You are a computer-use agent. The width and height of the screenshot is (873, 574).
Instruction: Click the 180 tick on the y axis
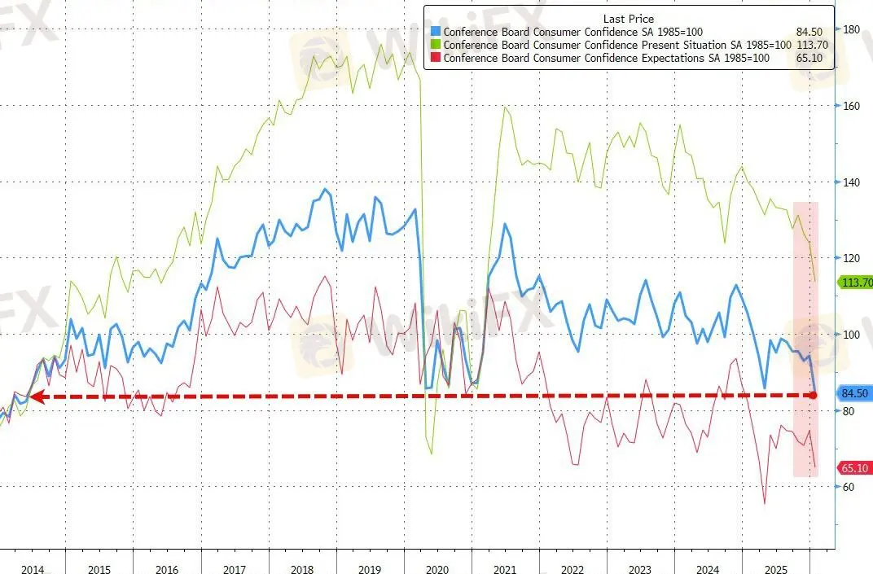[852, 29]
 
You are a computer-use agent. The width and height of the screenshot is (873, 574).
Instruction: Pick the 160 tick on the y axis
[852, 106]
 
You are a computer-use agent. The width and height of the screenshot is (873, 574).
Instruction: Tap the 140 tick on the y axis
[852, 182]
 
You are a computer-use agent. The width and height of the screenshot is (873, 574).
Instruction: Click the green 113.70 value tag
[855, 283]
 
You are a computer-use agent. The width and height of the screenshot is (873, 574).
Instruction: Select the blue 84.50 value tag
[855, 394]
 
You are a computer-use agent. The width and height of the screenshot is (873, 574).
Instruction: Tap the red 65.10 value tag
[855, 468]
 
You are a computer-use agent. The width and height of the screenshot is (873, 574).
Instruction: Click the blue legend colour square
[436, 33]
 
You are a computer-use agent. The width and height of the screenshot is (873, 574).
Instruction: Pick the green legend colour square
[436, 46]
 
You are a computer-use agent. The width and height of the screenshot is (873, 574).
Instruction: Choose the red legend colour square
[436, 59]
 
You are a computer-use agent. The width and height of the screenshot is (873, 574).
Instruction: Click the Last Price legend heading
[628, 19]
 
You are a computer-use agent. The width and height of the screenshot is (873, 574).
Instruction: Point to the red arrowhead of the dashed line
[33, 397]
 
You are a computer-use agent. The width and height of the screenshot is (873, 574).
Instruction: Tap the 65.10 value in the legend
[814, 59]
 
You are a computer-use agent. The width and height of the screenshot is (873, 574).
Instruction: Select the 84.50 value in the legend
[814, 33]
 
